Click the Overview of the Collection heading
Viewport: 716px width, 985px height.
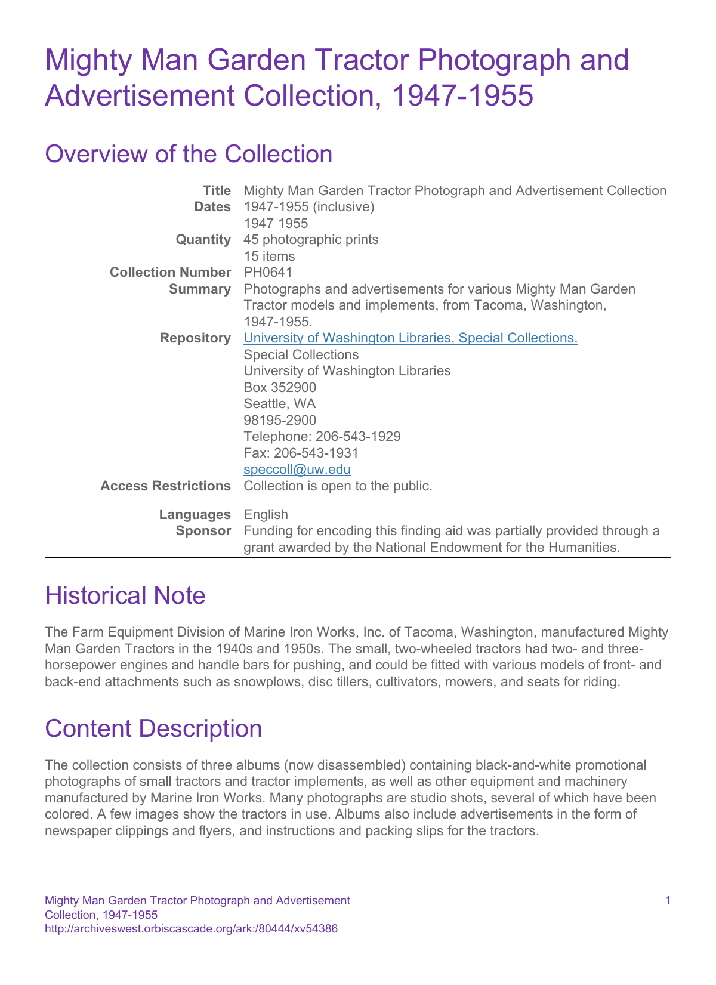(x=189, y=154)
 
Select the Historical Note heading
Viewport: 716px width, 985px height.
(x=125, y=595)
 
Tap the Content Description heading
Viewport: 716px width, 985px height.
(x=153, y=729)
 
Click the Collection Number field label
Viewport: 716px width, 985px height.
(x=170, y=273)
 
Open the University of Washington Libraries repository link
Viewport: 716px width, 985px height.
(x=411, y=338)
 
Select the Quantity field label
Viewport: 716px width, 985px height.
(x=203, y=240)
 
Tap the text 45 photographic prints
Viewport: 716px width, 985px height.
(x=311, y=240)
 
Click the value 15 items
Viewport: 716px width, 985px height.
(x=269, y=257)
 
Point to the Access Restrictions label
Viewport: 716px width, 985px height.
(x=165, y=486)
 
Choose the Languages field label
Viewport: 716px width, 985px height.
(x=195, y=514)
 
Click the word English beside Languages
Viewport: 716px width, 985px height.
(x=266, y=514)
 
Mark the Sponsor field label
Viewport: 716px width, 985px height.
(x=203, y=531)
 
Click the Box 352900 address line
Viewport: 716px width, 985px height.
(x=280, y=388)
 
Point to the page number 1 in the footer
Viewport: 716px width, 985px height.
(x=667, y=901)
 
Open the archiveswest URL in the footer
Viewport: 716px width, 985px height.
(x=192, y=929)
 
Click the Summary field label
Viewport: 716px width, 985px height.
(x=200, y=289)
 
